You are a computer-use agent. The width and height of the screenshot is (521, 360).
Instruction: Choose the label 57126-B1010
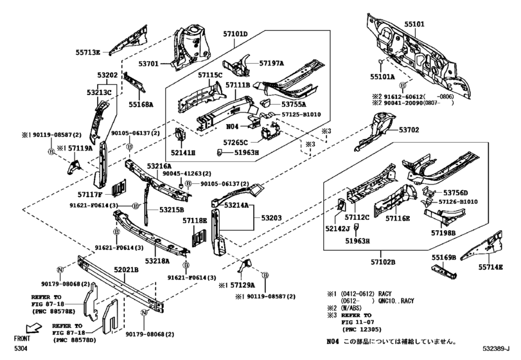click(459, 202)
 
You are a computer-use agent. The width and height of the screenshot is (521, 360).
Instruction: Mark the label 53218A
click(157, 261)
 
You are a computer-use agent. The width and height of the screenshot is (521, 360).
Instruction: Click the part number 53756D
click(457, 192)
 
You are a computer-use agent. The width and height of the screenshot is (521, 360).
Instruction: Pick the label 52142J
click(337, 228)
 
